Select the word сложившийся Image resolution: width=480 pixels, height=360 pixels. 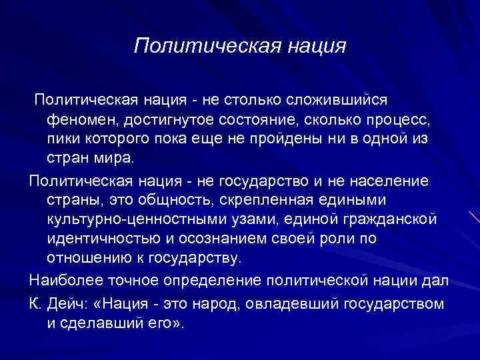[x=327, y=99]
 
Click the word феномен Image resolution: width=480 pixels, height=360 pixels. [x=78, y=119]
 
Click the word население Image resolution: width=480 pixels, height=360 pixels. [x=393, y=181]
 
